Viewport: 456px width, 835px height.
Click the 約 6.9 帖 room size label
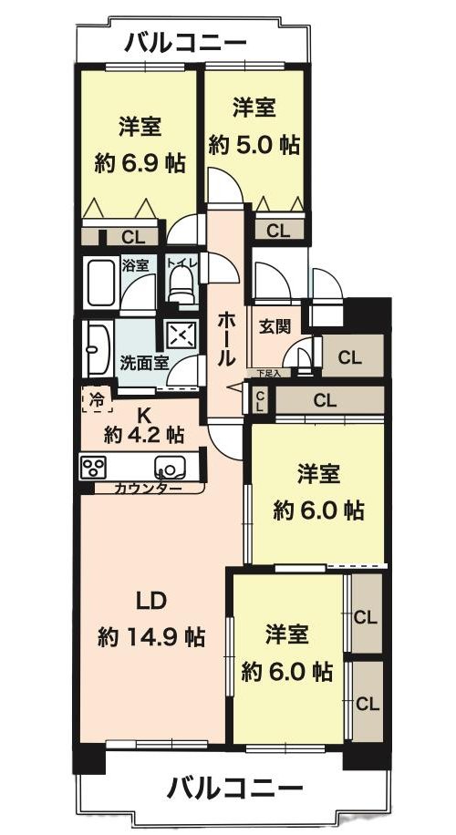point(140,163)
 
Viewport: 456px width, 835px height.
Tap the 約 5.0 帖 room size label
point(254,144)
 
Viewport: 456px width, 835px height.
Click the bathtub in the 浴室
point(100,283)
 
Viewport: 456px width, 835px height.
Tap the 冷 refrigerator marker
point(97,398)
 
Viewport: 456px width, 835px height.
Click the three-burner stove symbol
point(93,467)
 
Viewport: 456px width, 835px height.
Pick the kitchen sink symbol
point(170,468)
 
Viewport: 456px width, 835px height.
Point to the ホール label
point(227,339)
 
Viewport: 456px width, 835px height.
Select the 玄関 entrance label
point(275,327)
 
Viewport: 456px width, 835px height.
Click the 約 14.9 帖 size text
point(151,636)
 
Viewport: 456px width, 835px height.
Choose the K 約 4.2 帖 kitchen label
point(143,425)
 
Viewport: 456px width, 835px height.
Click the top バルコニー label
point(185,43)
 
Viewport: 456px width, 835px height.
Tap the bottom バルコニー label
point(234,788)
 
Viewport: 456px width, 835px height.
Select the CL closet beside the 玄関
point(350,357)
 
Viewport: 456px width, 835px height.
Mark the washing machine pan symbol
point(181,335)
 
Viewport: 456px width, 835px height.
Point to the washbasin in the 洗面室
point(96,349)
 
